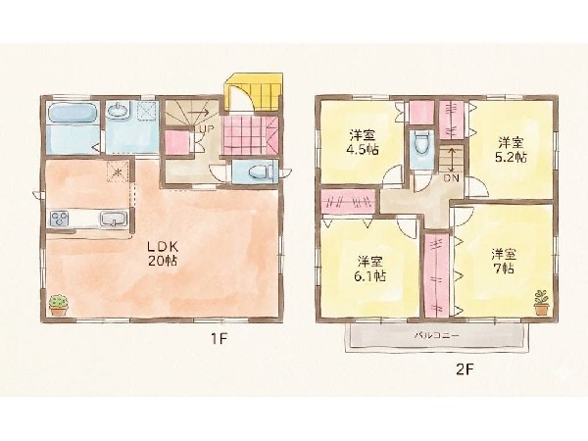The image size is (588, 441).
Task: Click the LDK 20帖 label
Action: click(x=163, y=254)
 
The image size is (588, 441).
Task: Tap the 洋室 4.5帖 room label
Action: click(x=363, y=142)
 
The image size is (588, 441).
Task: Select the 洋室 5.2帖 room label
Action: click(x=511, y=150)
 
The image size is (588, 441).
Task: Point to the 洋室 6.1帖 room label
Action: click(x=370, y=269)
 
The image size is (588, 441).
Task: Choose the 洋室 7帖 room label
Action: click(x=504, y=262)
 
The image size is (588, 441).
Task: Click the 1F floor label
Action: click(x=219, y=339)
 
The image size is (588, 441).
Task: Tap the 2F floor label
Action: click(x=465, y=370)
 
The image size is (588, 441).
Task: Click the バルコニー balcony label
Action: click(x=436, y=335)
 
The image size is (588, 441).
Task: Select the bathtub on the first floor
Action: click(x=73, y=113)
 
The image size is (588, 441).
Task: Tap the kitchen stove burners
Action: click(x=60, y=219)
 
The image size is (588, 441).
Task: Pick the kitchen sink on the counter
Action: click(x=114, y=219)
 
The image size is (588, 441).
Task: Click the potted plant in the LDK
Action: click(x=59, y=305)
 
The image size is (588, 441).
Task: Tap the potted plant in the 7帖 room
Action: click(x=541, y=302)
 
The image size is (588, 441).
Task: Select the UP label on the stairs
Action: click(x=206, y=128)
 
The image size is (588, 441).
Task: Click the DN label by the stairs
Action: click(x=451, y=178)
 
